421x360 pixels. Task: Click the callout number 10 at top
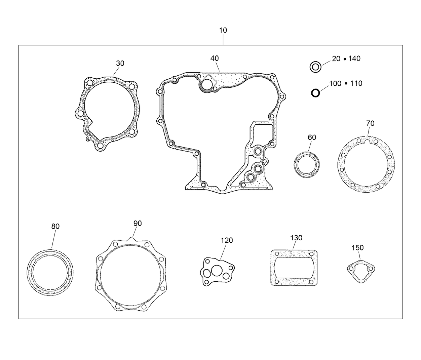coord(223,30)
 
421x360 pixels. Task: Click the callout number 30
coord(120,63)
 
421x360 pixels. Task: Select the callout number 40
coord(215,58)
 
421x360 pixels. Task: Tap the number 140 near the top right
coord(354,58)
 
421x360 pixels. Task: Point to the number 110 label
coord(356,83)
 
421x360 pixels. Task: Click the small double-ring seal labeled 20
coord(315,67)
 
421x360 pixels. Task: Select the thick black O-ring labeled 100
coord(315,93)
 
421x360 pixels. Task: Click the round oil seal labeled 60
coord(306,165)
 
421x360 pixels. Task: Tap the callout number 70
coord(370,123)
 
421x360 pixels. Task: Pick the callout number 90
coord(138,224)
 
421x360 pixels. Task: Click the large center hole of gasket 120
coord(216,271)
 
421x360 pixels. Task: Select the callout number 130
coord(296,238)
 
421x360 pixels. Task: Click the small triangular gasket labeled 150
coord(360,269)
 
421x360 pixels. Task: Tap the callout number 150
coord(357,248)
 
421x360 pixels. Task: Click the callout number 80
coord(55,227)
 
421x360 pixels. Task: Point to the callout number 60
coord(312,137)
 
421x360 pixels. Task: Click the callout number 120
coord(227,240)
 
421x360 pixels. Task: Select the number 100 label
coord(335,83)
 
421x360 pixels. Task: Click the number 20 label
coord(336,58)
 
